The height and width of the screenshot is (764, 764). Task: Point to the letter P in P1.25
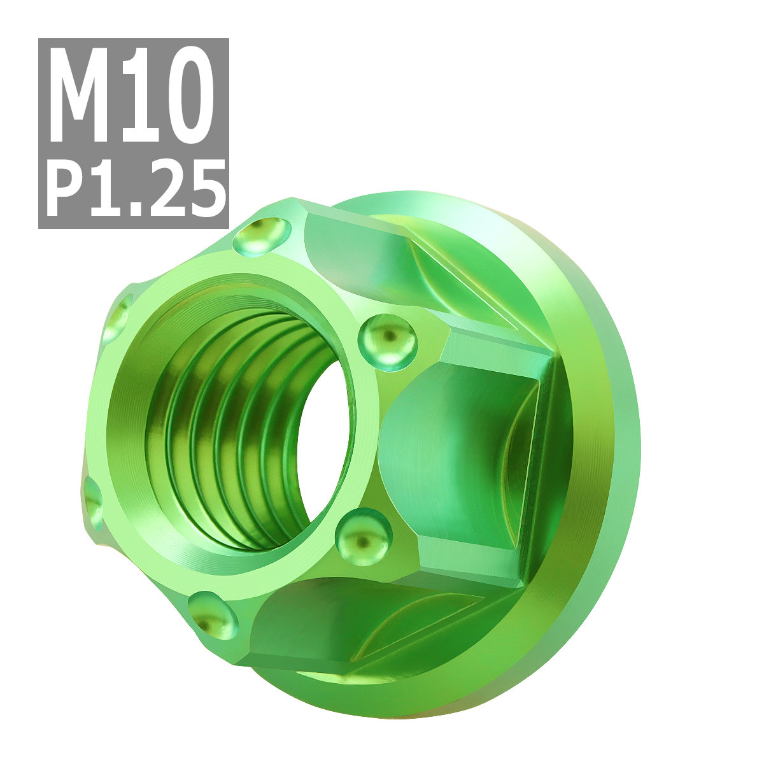pyautogui.click(x=67, y=188)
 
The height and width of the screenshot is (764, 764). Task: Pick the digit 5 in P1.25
pyautogui.click(x=204, y=188)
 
